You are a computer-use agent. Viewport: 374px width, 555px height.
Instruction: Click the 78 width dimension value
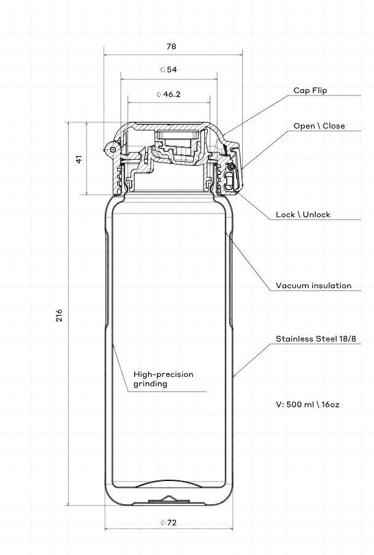coord(171,47)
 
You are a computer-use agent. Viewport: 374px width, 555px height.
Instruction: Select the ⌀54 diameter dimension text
coord(169,70)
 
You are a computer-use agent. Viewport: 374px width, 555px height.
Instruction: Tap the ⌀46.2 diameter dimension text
coord(169,94)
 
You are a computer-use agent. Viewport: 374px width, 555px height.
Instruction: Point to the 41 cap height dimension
coord(79,159)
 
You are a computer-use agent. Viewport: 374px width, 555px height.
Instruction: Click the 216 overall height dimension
coord(59,315)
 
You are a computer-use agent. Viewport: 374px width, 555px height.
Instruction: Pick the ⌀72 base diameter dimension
coord(169,523)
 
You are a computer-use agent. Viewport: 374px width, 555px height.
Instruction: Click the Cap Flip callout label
coord(310,91)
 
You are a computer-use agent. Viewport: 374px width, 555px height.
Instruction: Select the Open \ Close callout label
coord(319,125)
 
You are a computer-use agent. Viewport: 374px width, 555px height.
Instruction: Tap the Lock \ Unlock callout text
coord(303,215)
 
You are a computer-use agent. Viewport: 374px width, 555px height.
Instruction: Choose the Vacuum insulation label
coord(314,285)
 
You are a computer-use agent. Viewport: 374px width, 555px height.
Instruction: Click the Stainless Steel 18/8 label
coord(316,338)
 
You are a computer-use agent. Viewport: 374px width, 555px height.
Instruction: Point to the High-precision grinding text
coord(164,379)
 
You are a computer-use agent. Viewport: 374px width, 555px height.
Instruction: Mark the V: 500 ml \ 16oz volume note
coord(308,404)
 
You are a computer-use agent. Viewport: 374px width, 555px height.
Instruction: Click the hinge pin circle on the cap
coord(113,149)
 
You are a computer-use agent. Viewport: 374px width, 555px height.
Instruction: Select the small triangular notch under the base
coord(169,498)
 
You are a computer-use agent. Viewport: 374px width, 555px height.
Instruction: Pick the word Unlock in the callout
coord(316,215)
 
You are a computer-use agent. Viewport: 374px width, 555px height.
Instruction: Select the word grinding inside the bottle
coord(150,384)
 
